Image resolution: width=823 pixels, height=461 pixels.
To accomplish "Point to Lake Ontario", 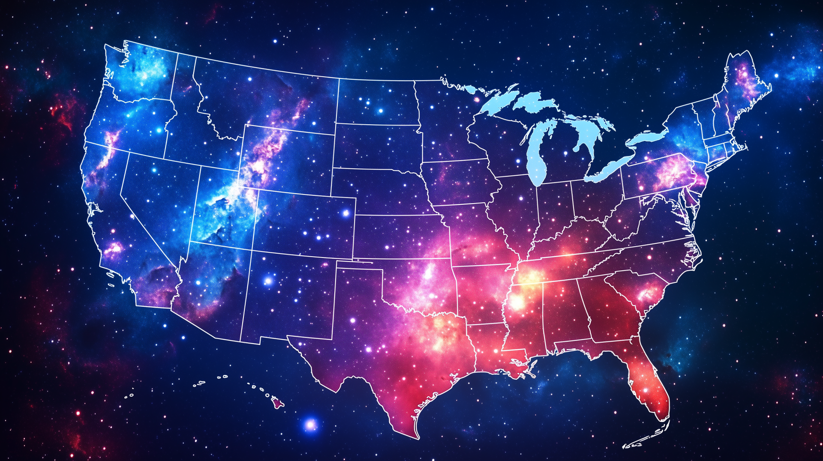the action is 647,137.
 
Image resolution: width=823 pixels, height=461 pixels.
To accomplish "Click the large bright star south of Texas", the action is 310,425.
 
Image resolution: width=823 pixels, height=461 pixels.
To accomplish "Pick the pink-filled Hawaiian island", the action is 277,402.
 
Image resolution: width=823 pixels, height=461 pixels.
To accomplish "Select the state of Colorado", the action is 304,225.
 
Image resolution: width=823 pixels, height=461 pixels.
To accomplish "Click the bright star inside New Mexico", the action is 268,281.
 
